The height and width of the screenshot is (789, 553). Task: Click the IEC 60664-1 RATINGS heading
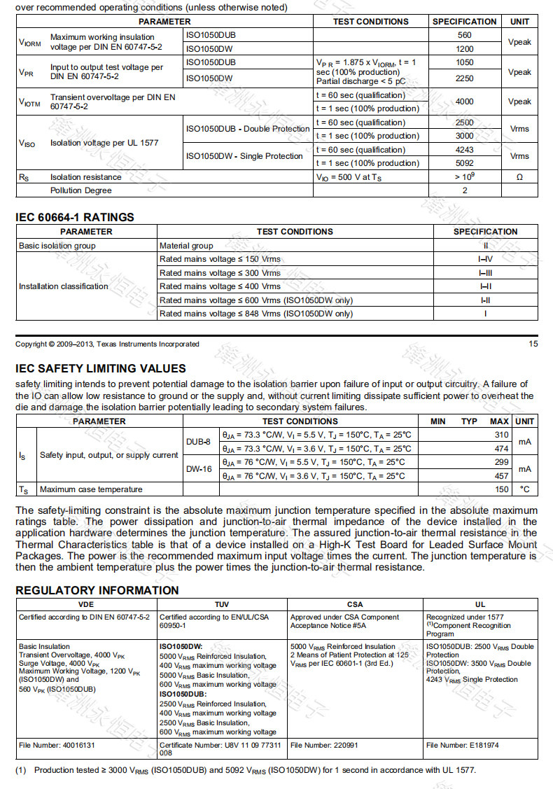tap(75, 217)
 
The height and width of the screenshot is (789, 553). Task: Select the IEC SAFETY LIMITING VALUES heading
tap(101, 368)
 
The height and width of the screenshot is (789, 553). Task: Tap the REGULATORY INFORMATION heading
tap(97, 590)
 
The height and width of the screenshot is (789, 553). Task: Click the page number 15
tap(533, 344)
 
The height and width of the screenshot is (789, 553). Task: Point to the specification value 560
tap(465, 35)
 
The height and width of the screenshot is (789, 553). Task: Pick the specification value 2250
tap(465, 78)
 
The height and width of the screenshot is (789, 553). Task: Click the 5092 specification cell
tap(465, 163)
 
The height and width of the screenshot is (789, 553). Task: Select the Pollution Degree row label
tap(80, 190)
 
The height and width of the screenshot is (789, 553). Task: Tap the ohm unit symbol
tap(519, 177)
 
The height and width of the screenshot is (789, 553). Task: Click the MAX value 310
tap(501, 435)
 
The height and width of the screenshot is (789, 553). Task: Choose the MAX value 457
tap(501, 476)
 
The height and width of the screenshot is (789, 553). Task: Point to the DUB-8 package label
tap(197, 442)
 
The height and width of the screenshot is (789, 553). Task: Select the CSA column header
tap(355, 604)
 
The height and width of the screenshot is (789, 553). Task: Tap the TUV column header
tap(222, 604)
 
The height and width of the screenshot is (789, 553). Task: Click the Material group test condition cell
tap(186, 246)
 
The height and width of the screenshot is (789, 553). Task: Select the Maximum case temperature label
tap(91, 489)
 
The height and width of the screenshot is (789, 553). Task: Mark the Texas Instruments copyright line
tap(107, 344)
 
